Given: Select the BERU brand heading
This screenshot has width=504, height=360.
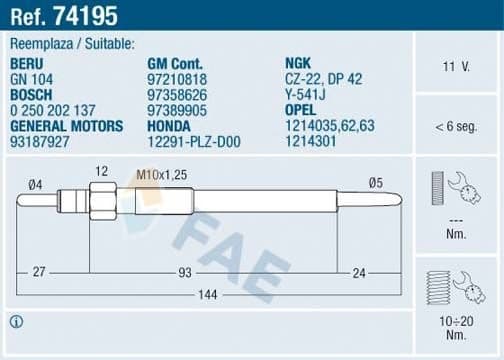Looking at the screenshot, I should [x=28, y=63].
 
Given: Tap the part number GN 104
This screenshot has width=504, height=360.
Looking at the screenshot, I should [x=31, y=77].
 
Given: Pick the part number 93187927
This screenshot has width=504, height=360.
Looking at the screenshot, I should [x=39, y=141].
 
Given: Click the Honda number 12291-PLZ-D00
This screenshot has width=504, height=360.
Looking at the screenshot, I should [x=196, y=141].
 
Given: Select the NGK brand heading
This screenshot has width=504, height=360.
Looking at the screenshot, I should [x=298, y=63].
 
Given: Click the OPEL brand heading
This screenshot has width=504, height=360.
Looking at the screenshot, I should [x=302, y=109].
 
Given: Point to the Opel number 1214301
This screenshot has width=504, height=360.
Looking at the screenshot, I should [x=312, y=141].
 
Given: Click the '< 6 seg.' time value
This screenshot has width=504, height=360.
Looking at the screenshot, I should [x=456, y=127].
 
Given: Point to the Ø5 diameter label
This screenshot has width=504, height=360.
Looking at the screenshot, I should [x=376, y=182].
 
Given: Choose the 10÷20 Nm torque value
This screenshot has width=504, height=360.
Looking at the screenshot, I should [x=456, y=323].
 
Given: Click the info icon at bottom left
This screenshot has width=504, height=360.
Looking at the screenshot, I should [x=16, y=321].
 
